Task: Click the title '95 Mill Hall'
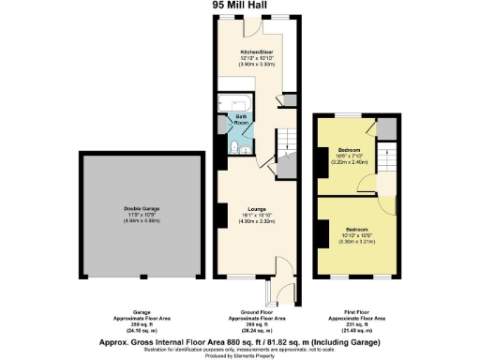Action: (239, 6)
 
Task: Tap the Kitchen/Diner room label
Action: (257, 52)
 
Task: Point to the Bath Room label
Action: (240, 120)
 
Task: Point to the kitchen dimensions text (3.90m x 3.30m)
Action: (257, 65)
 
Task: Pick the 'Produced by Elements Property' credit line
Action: (240, 353)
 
